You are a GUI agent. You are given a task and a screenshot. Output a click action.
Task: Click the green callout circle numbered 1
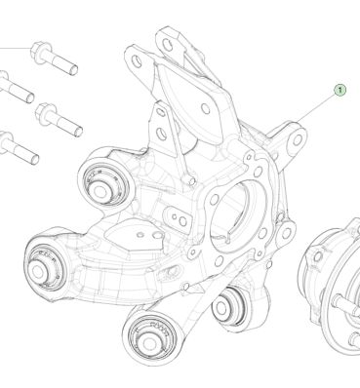340,90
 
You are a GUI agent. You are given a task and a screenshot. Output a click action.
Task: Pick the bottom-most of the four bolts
18,147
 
